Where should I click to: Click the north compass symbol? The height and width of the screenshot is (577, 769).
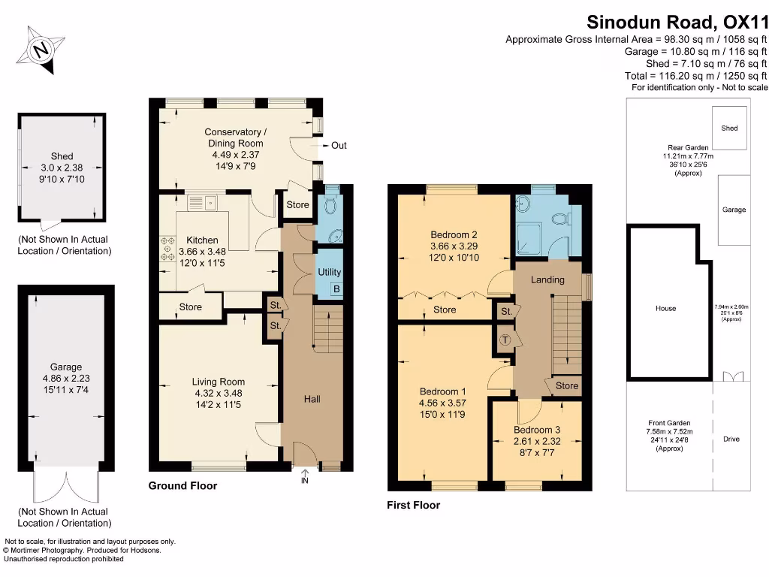pos(42,50)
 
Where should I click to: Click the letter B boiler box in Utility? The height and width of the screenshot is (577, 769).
pos(336,289)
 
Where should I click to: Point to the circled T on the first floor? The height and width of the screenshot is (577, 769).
pos(505,340)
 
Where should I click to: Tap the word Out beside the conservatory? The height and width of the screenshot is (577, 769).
pos(339,145)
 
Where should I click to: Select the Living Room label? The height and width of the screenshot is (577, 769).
pos(218,382)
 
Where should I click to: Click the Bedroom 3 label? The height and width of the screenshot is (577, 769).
pos(536,430)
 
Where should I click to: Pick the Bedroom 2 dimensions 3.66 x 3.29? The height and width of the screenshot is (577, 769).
pos(454,246)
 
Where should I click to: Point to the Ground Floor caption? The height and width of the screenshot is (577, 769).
pos(182,486)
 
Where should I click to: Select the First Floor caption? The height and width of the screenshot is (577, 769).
pos(413,505)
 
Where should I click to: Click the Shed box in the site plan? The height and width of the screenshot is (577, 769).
pos(729,128)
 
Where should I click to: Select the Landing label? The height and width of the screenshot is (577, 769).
pos(547,280)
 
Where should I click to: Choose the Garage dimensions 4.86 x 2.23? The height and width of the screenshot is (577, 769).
pos(66,379)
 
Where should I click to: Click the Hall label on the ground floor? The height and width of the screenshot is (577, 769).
pos(312,399)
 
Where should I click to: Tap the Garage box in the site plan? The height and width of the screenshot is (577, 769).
pos(734,210)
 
